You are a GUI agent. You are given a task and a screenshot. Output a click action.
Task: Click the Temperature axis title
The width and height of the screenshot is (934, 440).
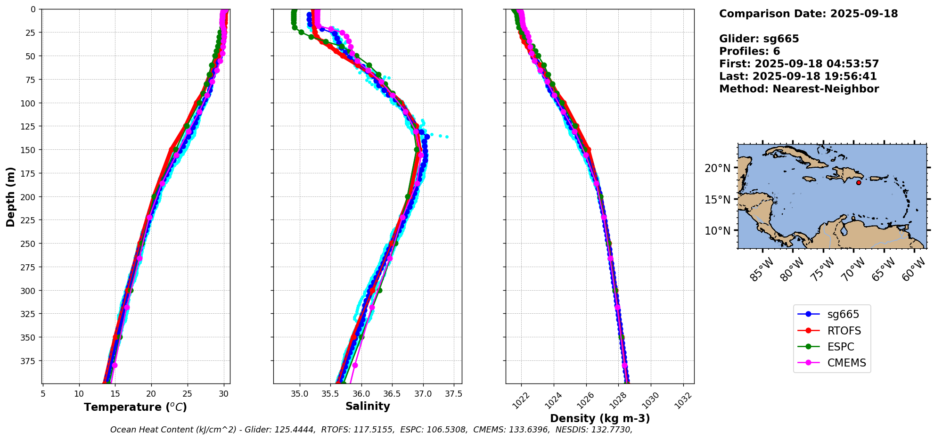[x=135, y=407]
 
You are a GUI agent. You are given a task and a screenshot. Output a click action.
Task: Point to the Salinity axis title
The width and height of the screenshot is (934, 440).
[x=368, y=406]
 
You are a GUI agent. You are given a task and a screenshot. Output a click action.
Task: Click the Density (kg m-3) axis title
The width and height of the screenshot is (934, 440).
[x=600, y=418]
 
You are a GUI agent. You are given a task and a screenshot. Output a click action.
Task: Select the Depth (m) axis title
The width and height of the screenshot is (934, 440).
[x=10, y=196]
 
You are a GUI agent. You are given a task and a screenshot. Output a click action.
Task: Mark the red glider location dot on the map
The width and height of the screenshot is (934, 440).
[x=859, y=182]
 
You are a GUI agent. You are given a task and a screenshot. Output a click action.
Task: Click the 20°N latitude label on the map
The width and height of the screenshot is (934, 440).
[x=717, y=168]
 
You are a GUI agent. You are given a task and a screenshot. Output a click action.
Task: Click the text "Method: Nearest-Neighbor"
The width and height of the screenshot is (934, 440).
[x=799, y=89]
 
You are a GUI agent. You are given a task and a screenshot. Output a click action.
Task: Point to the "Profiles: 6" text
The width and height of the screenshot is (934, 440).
[x=749, y=51]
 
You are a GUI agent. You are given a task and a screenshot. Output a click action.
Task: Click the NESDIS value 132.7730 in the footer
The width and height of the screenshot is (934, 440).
[x=611, y=430]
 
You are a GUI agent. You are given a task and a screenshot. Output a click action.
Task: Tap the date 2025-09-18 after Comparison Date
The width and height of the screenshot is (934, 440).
[x=864, y=14]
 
